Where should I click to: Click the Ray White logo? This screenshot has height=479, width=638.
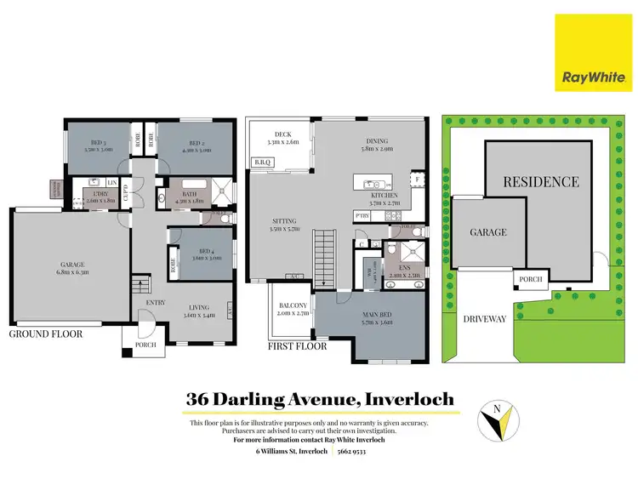[x=594, y=52]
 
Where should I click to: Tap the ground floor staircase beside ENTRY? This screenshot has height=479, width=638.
[x=141, y=287]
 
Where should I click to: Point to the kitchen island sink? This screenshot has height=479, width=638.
[x=372, y=185]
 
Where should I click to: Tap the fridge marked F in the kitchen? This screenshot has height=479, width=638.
[x=417, y=180]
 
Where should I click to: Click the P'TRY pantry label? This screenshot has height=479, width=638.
[x=361, y=215]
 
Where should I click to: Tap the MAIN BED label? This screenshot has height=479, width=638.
[x=367, y=319]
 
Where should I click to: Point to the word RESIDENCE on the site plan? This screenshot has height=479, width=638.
[x=540, y=181]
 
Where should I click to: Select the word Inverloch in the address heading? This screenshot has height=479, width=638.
[x=407, y=398]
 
